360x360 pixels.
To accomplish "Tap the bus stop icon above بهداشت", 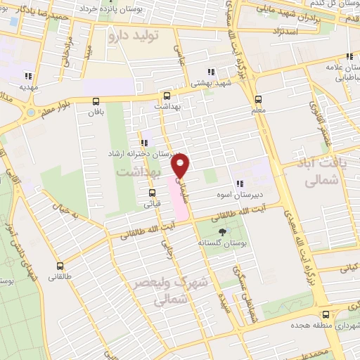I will (167, 96).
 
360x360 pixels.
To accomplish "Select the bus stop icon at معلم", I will (258, 99).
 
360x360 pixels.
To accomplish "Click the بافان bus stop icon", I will (96, 101).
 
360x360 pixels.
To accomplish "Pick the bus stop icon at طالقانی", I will (59, 266).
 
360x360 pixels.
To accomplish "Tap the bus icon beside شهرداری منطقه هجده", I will (326, 315).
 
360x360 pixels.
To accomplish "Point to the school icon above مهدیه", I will (29, 76).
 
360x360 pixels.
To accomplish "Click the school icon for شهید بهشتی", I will (211, 71).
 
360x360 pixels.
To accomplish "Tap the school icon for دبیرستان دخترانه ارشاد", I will (144, 143).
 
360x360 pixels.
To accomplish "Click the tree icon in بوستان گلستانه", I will (223, 231).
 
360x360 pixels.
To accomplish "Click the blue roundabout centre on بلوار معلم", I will (30, 112).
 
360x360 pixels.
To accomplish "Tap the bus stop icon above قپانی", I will (152, 193).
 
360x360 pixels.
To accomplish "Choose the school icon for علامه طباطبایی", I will (349, 57).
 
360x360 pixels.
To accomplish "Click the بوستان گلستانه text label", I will (223, 243).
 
